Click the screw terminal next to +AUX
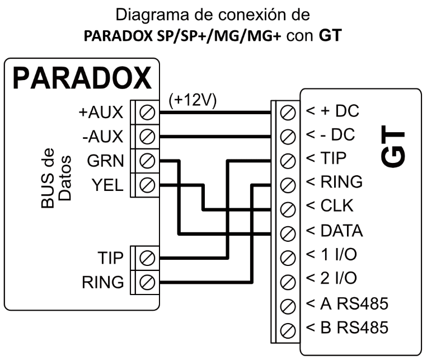pos(146,112)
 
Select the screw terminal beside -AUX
pos(146,135)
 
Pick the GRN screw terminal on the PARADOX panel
pos(146,160)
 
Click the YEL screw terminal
pos(146,184)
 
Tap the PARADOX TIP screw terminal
pos(146,257)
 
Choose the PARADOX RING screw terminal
pos(146,281)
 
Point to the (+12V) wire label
pos(192,101)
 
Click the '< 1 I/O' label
pos(331,255)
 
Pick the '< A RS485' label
pos(346,304)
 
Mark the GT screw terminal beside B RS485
pos(287,329)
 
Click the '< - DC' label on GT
pos(330,135)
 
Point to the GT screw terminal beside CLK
pos(287,208)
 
